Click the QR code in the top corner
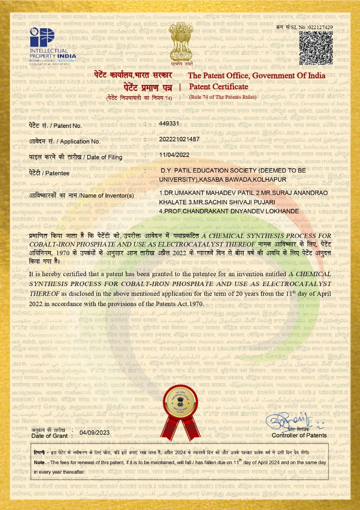[315, 48]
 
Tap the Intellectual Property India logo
[53, 47]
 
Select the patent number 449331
[169, 124]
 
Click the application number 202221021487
[179, 139]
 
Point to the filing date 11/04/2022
[174, 155]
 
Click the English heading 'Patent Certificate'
[219, 87]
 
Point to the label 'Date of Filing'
[107, 157]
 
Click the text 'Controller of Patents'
[299, 435]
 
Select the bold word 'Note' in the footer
[39, 463]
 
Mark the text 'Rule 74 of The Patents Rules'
[223, 97]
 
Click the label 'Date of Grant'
[48, 435]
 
